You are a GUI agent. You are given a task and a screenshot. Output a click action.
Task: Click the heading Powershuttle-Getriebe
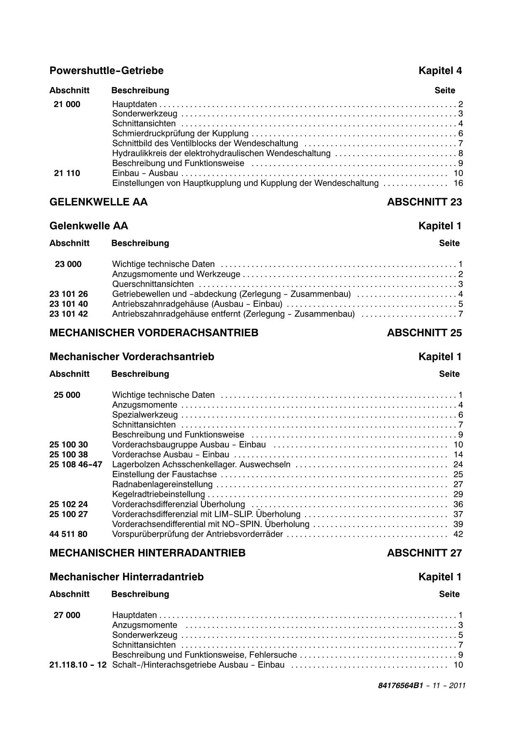click(x=106, y=71)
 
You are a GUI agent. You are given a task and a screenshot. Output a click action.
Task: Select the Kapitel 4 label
click(x=440, y=71)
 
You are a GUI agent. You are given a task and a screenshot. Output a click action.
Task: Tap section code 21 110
click(x=67, y=173)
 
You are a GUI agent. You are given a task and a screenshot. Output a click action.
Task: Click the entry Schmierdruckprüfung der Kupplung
click(x=180, y=133)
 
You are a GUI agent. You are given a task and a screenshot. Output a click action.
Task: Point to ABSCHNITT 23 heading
click(x=424, y=202)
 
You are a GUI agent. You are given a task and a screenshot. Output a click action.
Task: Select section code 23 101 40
click(x=69, y=304)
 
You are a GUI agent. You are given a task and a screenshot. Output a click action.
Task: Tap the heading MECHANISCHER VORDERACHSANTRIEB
click(x=154, y=333)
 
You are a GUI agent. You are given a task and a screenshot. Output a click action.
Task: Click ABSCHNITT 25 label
click(x=424, y=333)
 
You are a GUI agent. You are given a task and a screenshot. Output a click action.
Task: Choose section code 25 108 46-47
click(x=76, y=465)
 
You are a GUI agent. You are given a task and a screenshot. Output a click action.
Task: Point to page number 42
click(x=458, y=534)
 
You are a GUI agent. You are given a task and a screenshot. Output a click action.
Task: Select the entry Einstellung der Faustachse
click(x=164, y=474)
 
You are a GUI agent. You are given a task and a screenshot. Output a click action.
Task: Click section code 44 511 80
click(x=69, y=534)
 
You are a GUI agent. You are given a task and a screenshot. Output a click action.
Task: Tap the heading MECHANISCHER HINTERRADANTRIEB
click(x=147, y=553)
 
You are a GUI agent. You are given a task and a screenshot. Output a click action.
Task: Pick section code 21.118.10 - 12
click(x=78, y=665)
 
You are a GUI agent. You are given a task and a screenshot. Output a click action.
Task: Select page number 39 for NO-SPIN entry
click(x=458, y=524)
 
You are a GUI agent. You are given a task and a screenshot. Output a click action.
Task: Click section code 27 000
click(x=67, y=615)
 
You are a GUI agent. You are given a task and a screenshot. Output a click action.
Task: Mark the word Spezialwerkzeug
click(x=145, y=415)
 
